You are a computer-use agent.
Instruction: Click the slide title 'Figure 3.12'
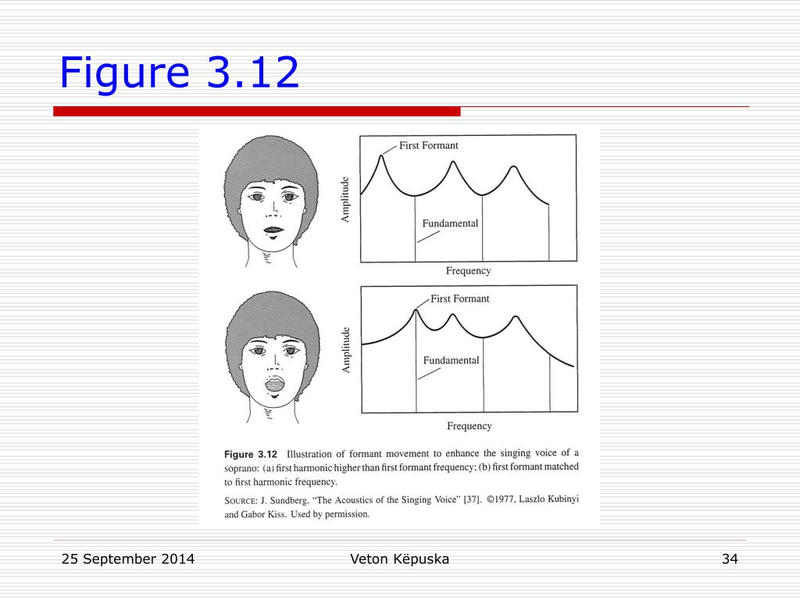(x=179, y=73)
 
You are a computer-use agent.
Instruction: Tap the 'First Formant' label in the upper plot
(x=429, y=145)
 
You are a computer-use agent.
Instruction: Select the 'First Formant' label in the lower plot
(x=459, y=298)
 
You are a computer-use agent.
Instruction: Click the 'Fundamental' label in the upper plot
(x=450, y=223)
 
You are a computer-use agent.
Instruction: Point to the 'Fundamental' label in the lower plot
(x=451, y=360)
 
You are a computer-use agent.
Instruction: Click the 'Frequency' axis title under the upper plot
(x=469, y=271)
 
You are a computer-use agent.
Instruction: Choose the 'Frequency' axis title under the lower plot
(x=470, y=426)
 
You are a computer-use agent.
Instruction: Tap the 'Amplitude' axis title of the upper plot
(x=345, y=199)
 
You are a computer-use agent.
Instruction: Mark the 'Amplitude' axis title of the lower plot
(x=346, y=350)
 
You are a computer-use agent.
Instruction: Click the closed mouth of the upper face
(x=273, y=230)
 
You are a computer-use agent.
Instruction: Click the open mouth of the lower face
(x=275, y=384)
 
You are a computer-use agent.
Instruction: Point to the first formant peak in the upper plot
(x=381, y=155)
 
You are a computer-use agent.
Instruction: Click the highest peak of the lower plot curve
(x=416, y=310)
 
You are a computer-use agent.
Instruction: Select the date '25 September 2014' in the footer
(x=128, y=559)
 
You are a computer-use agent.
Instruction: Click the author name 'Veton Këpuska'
(x=399, y=559)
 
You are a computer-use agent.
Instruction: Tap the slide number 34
(x=730, y=559)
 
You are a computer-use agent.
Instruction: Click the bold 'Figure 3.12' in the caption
(x=251, y=455)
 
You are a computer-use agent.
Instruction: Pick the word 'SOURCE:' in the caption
(x=241, y=501)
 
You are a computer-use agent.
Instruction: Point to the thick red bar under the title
(x=256, y=111)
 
